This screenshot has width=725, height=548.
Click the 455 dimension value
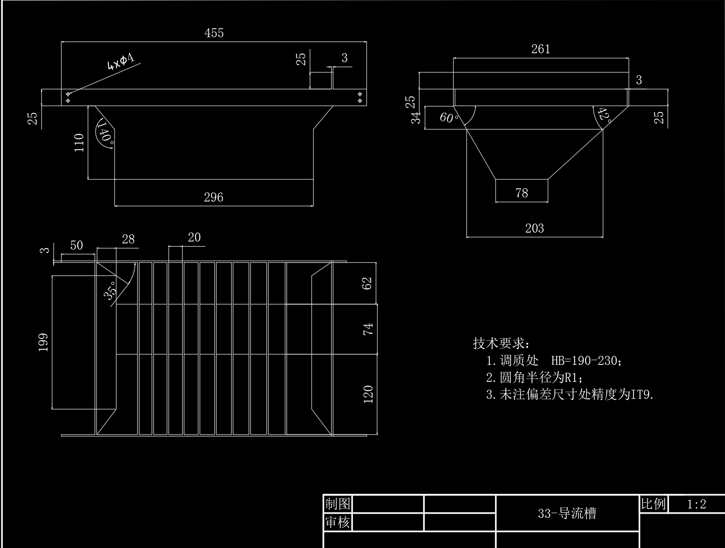click(x=214, y=33)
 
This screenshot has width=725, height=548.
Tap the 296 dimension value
click(x=213, y=197)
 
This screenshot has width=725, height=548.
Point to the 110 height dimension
click(x=79, y=143)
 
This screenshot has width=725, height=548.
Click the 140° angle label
click(x=106, y=131)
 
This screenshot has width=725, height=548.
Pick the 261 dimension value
click(x=540, y=49)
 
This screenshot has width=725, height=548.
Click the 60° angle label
click(x=449, y=117)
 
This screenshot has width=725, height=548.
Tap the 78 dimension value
click(x=521, y=193)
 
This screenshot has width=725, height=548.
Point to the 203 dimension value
click(x=534, y=228)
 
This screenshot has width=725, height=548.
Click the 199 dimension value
click(x=43, y=342)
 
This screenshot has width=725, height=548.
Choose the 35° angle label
click(x=110, y=290)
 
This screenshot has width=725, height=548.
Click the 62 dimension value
click(x=367, y=283)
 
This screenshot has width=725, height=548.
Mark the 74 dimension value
click(x=367, y=329)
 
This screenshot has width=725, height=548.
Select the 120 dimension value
click(x=368, y=394)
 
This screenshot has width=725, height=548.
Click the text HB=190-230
click(x=586, y=361)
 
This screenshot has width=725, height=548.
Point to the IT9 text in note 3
click(x=642, y=395)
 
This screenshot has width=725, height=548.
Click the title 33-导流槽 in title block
click(x=567, y=513)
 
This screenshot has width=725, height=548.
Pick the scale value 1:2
click(x=696, y=505)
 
